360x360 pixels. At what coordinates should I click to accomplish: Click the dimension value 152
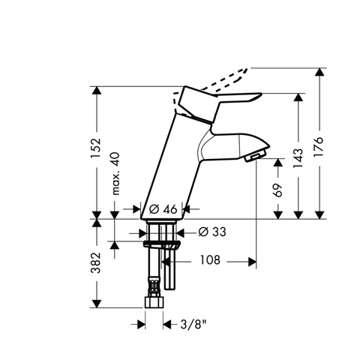click(96, 148)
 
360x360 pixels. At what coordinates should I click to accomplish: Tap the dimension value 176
click(319, 147)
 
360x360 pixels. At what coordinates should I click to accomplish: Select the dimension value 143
click(298, 158)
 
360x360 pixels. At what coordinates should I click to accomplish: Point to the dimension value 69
click(277, 190)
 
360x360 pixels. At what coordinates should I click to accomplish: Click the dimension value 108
click(210, 260)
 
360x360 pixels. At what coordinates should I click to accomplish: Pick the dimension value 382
click(96, 263)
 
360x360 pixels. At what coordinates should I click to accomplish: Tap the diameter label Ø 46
click(163, 209)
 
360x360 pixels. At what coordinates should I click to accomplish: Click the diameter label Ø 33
click(212, 232)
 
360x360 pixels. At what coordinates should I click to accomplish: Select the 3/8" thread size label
click(193, 325)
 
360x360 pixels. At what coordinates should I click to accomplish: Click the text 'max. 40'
click(115, 173)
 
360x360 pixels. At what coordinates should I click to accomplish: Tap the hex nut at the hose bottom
click(154, 302)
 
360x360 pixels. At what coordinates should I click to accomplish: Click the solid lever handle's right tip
click(262, 94)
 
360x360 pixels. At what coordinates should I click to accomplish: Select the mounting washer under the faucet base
click(162, 244)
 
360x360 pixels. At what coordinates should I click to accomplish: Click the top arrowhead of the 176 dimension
click(319, 72)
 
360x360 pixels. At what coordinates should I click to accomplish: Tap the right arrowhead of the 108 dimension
click(252, 262)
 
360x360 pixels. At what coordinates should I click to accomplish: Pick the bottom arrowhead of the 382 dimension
click(97, 304)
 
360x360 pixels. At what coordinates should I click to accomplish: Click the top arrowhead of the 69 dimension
click(278, 163)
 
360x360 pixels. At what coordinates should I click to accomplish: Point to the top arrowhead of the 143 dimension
click(298, 97)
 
